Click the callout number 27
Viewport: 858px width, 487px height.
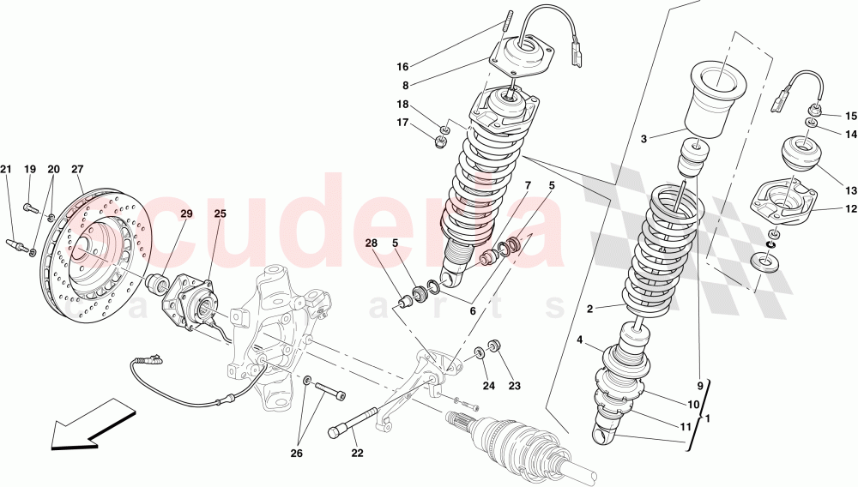tap(76, 169)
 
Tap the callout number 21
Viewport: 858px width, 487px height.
tap(6, 169)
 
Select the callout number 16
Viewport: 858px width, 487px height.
tap(403, 65)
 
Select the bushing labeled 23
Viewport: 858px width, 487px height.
tap(493, 346)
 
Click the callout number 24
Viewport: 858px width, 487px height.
tap(487, 386)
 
